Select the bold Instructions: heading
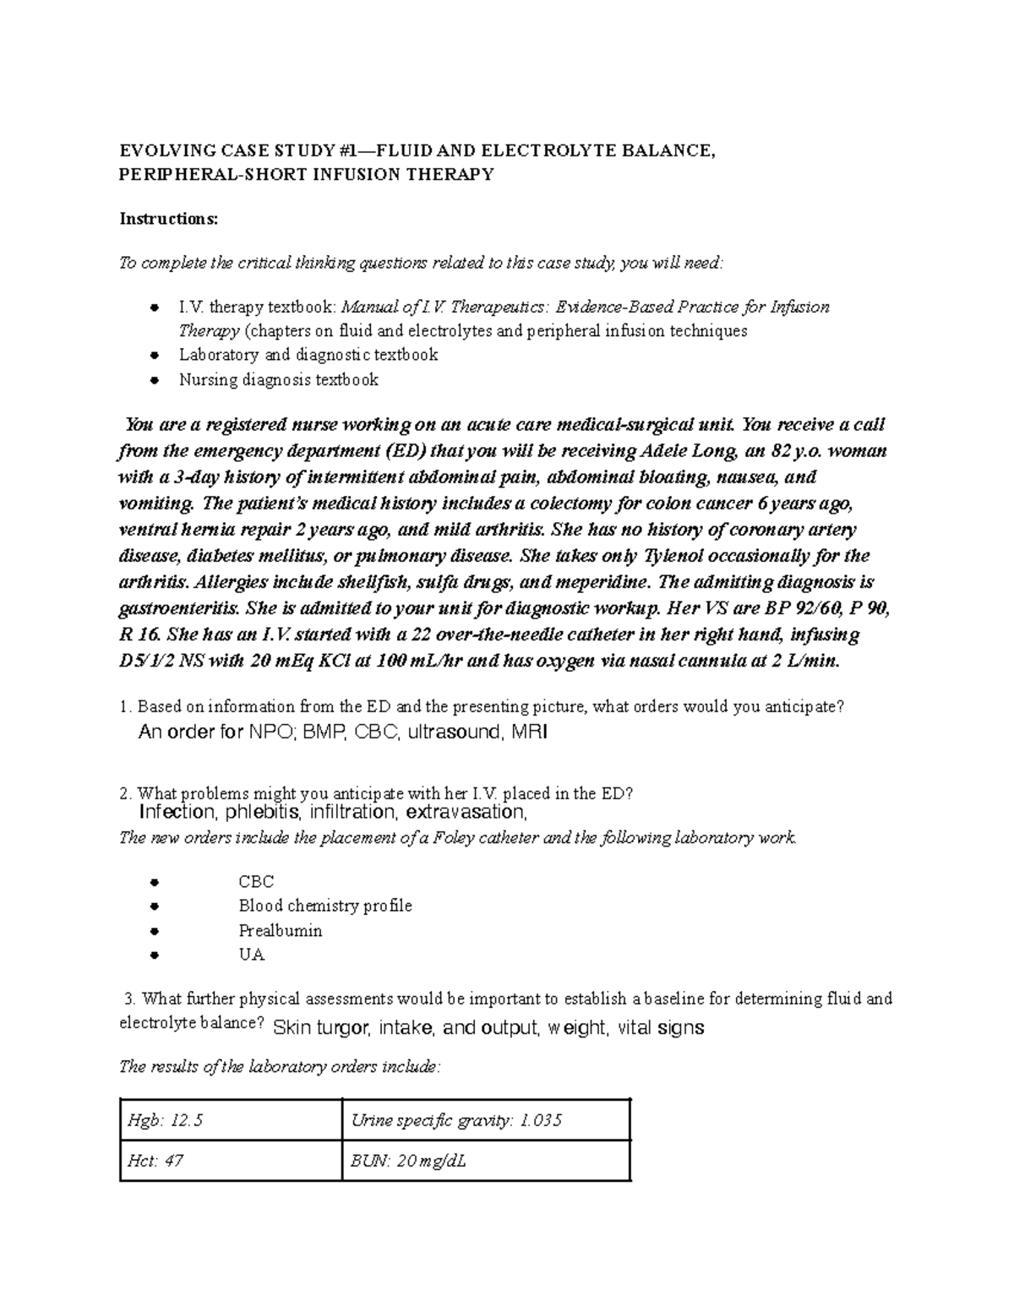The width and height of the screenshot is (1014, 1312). point(168,219)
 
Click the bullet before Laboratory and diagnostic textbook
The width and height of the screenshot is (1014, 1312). point(154,356)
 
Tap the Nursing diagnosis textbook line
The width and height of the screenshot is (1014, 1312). point(278,380)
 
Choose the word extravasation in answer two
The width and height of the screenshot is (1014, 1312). point(466,813)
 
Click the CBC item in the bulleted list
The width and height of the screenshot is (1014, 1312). point(256,882)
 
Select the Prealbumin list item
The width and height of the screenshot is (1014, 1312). point(280,931)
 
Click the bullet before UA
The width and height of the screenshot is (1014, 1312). point(154,956)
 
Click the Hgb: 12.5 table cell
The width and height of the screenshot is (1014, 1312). point(230,1121)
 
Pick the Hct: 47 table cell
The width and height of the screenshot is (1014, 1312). point(230,1161)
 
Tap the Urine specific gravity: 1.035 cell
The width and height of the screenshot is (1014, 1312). point(486,1121)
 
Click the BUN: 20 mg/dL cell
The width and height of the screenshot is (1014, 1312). point(486,1161)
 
